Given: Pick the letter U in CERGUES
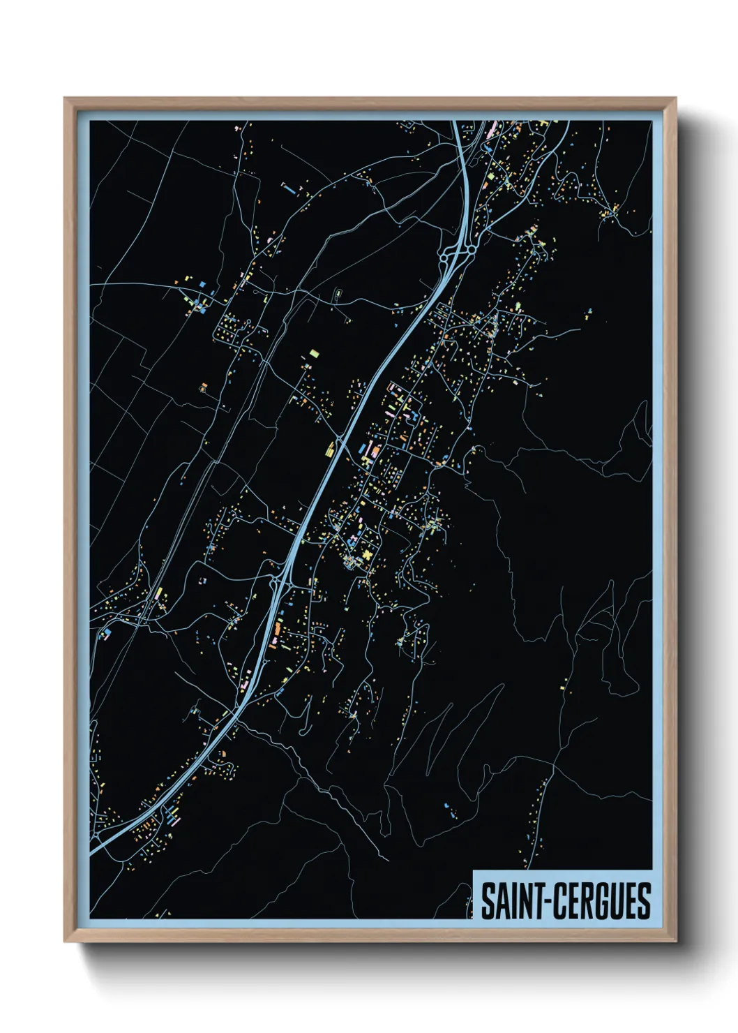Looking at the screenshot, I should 620,901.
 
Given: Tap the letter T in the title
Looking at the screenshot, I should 543,901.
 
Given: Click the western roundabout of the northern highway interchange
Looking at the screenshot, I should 444,259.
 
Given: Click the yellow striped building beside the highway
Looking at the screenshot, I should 330,449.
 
